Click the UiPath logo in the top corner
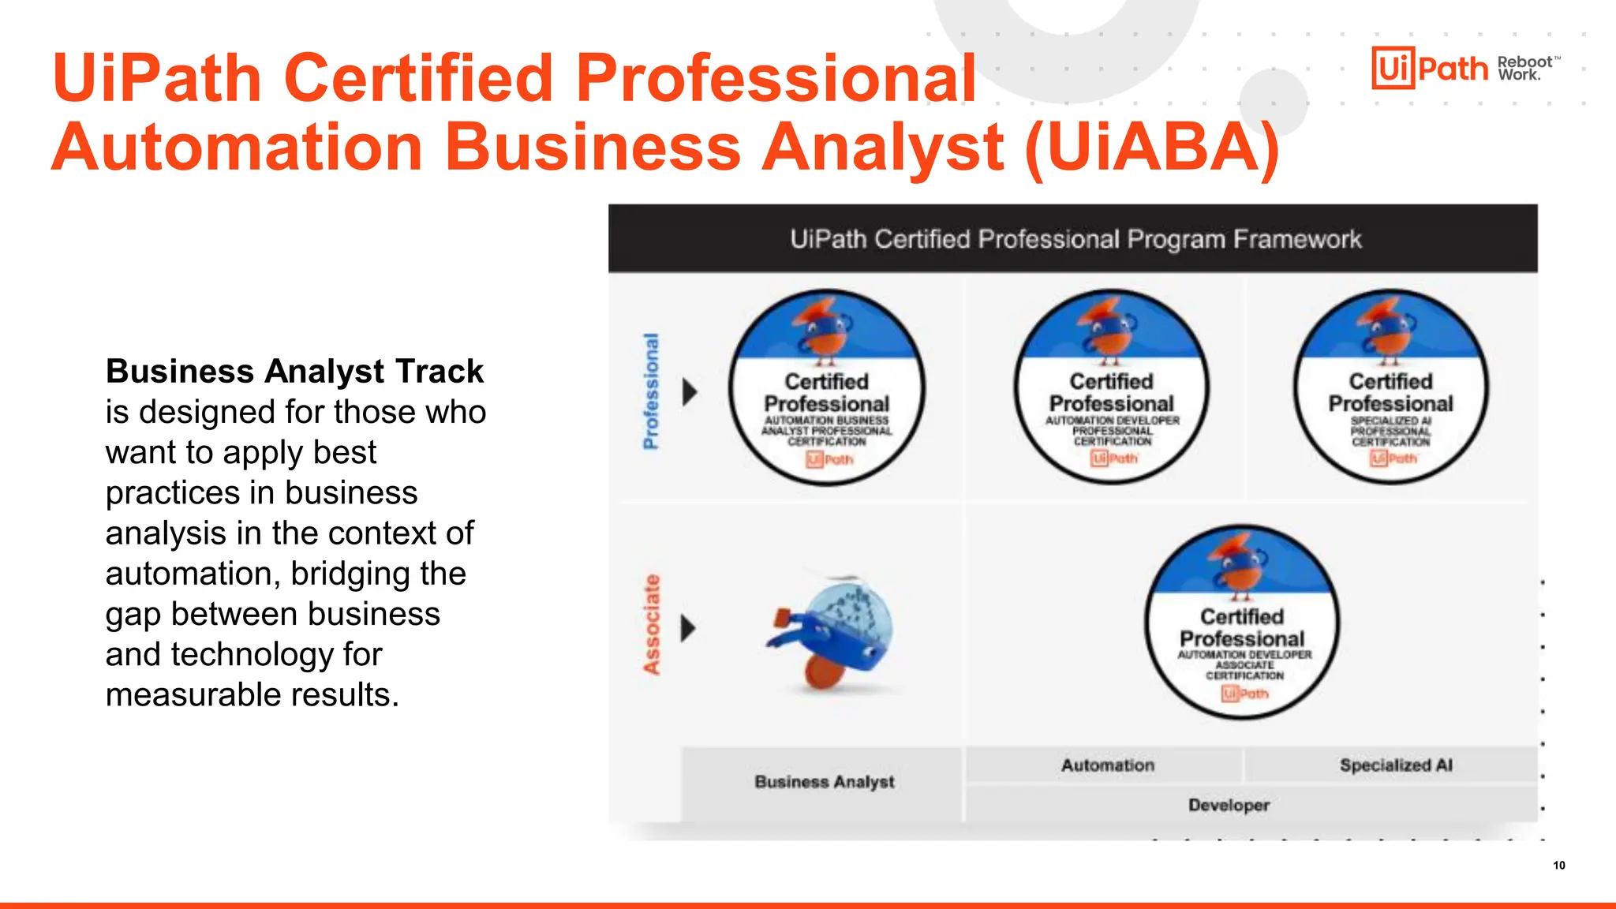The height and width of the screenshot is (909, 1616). coord(1429,68)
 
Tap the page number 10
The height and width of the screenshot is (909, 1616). coord(1559,866)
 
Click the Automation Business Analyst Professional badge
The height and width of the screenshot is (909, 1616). coord(826,387)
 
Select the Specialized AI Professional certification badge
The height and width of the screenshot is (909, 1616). coord(1390,387)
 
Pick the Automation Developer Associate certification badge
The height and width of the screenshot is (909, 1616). coord(1242,622)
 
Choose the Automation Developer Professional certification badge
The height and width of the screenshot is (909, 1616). coord(1111,387)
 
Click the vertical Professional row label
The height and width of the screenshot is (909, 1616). coord(651,391)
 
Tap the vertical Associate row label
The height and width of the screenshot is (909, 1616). coord(651,625)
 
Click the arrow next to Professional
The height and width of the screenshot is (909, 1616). coord(690,391)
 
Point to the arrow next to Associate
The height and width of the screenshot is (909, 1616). coord(688,628)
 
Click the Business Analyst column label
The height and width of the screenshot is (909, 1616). coord(824,782)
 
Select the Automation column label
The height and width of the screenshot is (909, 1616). coord(1107,765)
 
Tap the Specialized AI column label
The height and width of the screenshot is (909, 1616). coord(1395,765)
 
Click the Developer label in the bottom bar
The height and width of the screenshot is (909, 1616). coord(1229,806)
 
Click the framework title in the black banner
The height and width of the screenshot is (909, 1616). coord(1075,239)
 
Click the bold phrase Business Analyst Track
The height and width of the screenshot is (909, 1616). coord(294,371)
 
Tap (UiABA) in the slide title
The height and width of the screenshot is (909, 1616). coord(1152,148)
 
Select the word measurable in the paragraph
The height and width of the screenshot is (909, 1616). coord(194,695)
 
